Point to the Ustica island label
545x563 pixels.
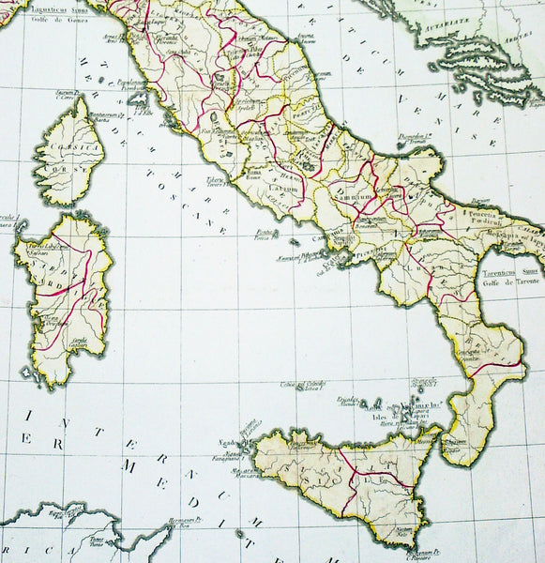coord(301,385)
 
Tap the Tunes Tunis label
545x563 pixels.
coord(97,540)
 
